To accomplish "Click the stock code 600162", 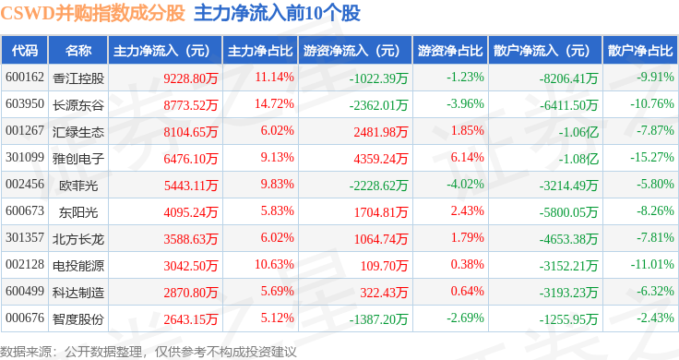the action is pos(25,78).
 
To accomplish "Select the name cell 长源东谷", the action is pos(78,105).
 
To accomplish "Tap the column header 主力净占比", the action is pos(260,51).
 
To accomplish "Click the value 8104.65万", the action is pos(191,132).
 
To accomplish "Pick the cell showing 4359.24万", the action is pos(381,159).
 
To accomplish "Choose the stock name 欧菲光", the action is pos(78,186).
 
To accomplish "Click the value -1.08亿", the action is pos(578,159).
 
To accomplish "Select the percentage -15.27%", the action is pos(651,157).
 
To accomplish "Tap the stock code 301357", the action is pos(25,238).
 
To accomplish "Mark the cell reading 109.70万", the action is pos(384,266).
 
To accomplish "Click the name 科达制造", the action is pos(78,293).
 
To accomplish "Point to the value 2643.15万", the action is pos(191,319).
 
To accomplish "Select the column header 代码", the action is pos(25,51).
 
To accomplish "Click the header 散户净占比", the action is pos(640,51).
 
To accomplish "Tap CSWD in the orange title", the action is pos(28,14).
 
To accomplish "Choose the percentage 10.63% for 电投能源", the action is pos(275,265).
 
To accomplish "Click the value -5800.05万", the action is pos(568,212).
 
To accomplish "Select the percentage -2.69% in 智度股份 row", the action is pos(466,318).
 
